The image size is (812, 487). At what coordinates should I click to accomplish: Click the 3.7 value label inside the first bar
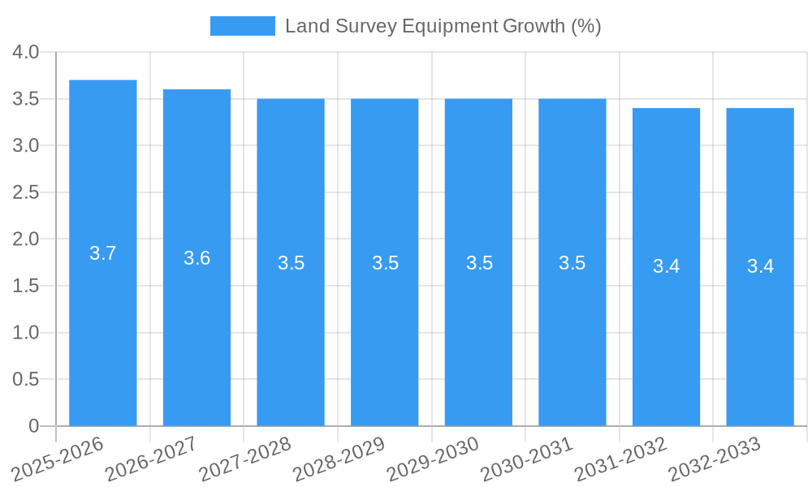pos(103,253)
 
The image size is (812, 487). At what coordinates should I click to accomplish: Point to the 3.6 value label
pos(197,258)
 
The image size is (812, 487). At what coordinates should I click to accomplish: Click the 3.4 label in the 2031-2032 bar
pos(666,266)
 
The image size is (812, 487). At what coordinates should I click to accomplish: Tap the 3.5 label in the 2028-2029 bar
pos(385,263)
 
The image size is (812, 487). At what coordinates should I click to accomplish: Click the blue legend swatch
pos(242,26)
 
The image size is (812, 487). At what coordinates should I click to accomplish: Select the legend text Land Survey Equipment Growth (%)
pos(443,26)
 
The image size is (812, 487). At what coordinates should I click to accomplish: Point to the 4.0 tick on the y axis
pos(26,53)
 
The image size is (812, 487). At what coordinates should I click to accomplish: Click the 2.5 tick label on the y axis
pos(26,193)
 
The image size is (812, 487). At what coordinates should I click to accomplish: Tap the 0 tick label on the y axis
pos(34,426)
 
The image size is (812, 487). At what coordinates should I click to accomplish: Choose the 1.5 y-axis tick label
pos(26,287)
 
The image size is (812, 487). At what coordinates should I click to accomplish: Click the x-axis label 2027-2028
pos(245,459)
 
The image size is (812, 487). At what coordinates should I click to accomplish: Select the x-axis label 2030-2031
pos(527,459)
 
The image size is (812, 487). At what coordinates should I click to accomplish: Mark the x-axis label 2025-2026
pos(58,459)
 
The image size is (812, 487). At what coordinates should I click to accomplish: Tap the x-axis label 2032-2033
pos(715,459)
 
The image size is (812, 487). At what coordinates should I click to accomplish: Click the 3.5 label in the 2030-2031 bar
pos(572,263)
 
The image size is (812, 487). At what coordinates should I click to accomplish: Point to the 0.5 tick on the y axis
pos(26,380)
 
